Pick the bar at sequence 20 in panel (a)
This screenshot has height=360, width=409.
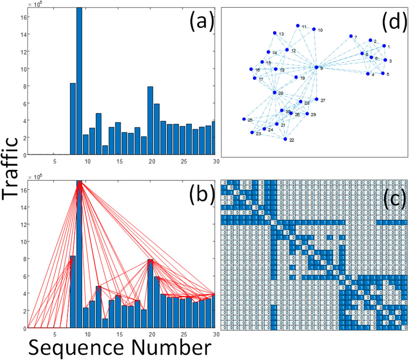pyautogui.click(x=150, y=120)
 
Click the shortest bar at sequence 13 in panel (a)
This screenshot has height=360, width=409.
pyautogui.click(x=105, y=150)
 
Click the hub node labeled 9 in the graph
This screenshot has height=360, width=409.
pyautogui.click(x=316, y=67)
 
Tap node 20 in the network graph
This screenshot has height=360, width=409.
pyautogui.click(x=274, y=92)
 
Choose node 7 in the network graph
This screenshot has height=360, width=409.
pyautogui.click(x=351, y=36)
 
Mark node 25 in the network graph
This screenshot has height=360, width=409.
pyautogui.click(x=244, y=119)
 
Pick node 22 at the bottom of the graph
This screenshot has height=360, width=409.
pyautogui.click(x=285, y=139)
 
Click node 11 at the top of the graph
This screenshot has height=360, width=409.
pyautogui.click(x=297, y=26)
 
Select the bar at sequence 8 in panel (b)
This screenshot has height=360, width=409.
pyautogui.click(x=73, y=292)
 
